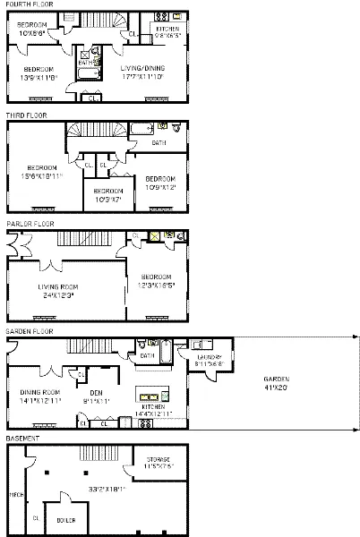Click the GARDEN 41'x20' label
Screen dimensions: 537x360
click(278, 382)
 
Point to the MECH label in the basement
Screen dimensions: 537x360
click(15, 492)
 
